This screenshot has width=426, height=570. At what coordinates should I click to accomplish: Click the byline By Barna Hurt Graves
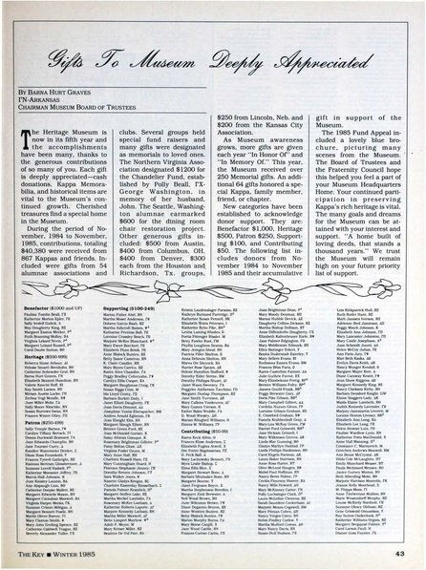(x=65, y=123)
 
